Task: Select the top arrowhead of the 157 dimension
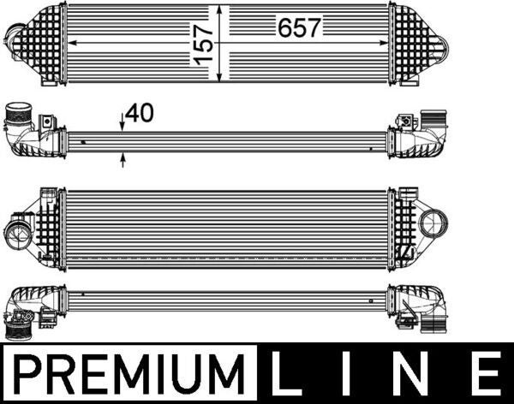point(222,9)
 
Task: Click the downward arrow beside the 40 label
point(123,126)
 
